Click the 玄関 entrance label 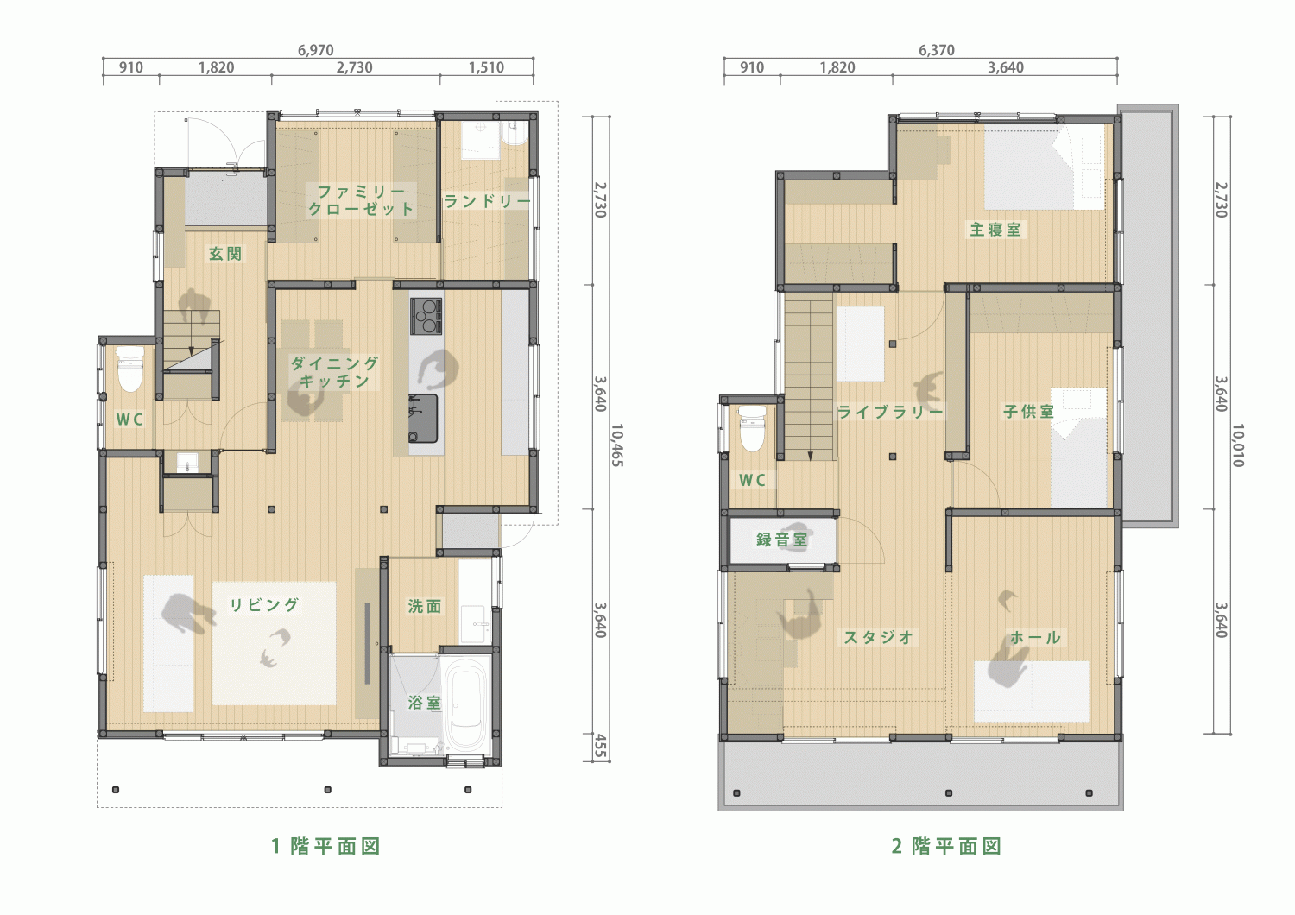pyautogui.click(x=224, y=254)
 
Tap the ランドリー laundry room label pyautogui.click(x=487, y=201)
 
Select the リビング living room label pyautogui.click(x=264, y=604)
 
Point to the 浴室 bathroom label pyautogui.click(x=425, y=703)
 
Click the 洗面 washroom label pyautogui.click(x=425, y=606)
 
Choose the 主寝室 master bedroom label pyautogui.click(x=995, y=230)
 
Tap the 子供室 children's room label pyautogui.click(x=1028, y=412)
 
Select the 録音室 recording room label pyautogui.click(x=781, y=540)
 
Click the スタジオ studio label pyautogui.click(x=878, y=637)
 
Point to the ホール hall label pyautogui.click(x=1035, y=637)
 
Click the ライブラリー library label pyautogui.click(x=890, y=412)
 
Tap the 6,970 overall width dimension pyautogui.click(x=316, y=50)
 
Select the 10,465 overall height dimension pyautogui.click(x=617, y=445)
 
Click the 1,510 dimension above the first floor pyautogui.click(x=486, y=67)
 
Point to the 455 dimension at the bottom pyautogui.click(x=601, y=746)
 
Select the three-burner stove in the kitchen pyautogui.click(x=426, y=316)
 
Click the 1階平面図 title pyautogui.click(x=326, y=846)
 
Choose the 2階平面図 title pyautogui.click(x=947, y=846)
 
